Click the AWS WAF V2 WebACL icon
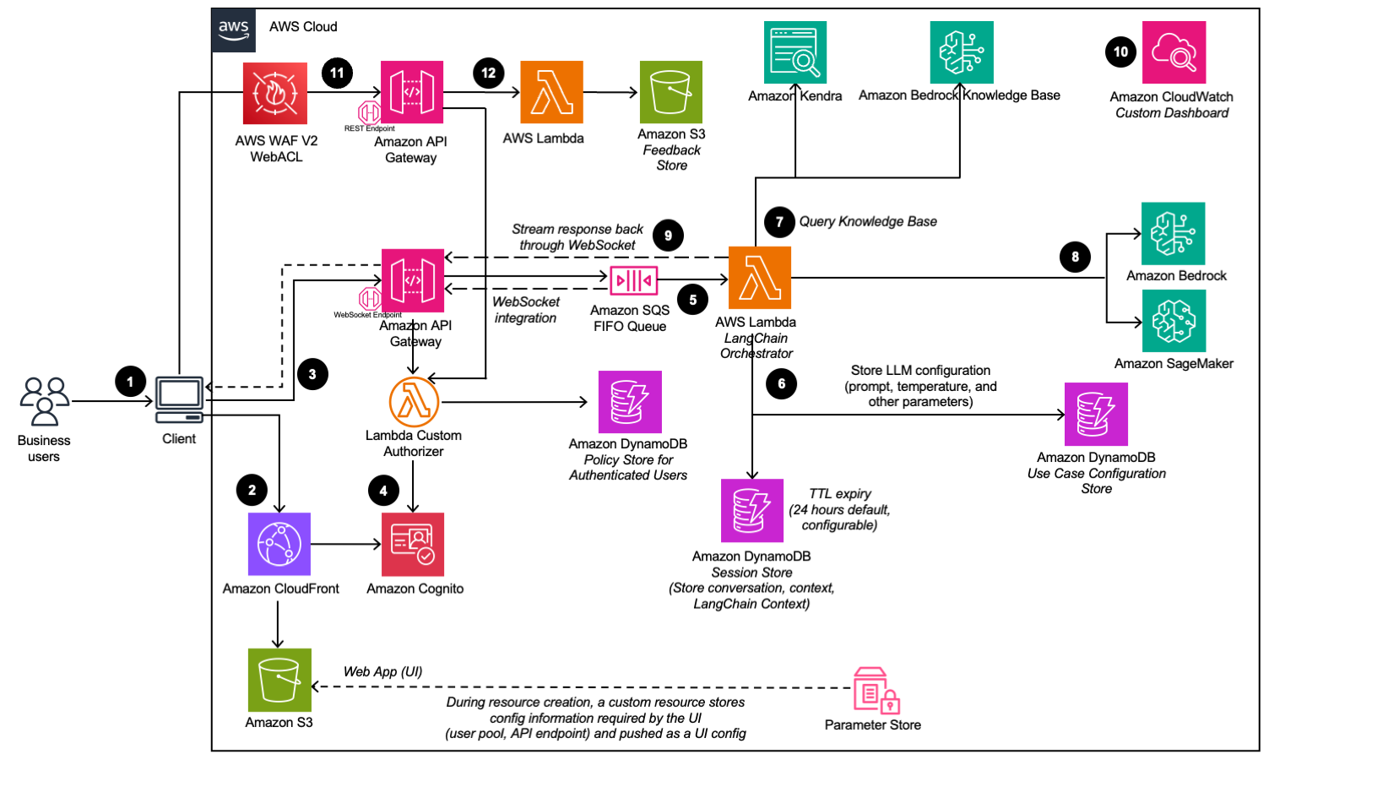click(275, 93)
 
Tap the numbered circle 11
click(337, 73)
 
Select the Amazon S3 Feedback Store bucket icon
click(670, 92)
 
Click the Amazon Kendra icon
click(794, 52)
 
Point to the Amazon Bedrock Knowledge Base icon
click(961, 52)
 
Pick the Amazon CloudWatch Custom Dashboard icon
click(1174, 52)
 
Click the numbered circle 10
click(1120, 52)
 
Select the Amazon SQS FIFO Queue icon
click(633, 280)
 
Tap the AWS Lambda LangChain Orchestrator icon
click(759, 278)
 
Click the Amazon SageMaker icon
click(1174, 321)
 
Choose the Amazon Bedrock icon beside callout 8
click(1173, 234)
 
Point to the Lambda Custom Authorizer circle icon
click(414, 402)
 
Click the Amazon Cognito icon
click(413, 545)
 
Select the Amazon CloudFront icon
click(279, 545)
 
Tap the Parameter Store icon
click(875, 691)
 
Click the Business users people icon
click(45, 401)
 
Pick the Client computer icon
click(180, 399)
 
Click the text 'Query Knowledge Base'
click(868, 222)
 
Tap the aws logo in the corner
click(234, 30)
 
